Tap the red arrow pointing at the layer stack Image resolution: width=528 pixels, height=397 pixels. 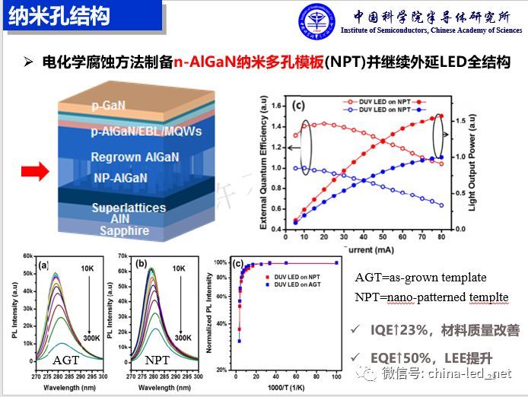tap(33, 173)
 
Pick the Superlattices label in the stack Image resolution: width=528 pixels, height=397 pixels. tap(129, 208)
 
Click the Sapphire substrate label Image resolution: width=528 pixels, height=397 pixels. tap(120, 231)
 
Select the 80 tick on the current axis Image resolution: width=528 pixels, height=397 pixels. tap(441, 238)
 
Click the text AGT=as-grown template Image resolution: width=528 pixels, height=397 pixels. tap(421, 278)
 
